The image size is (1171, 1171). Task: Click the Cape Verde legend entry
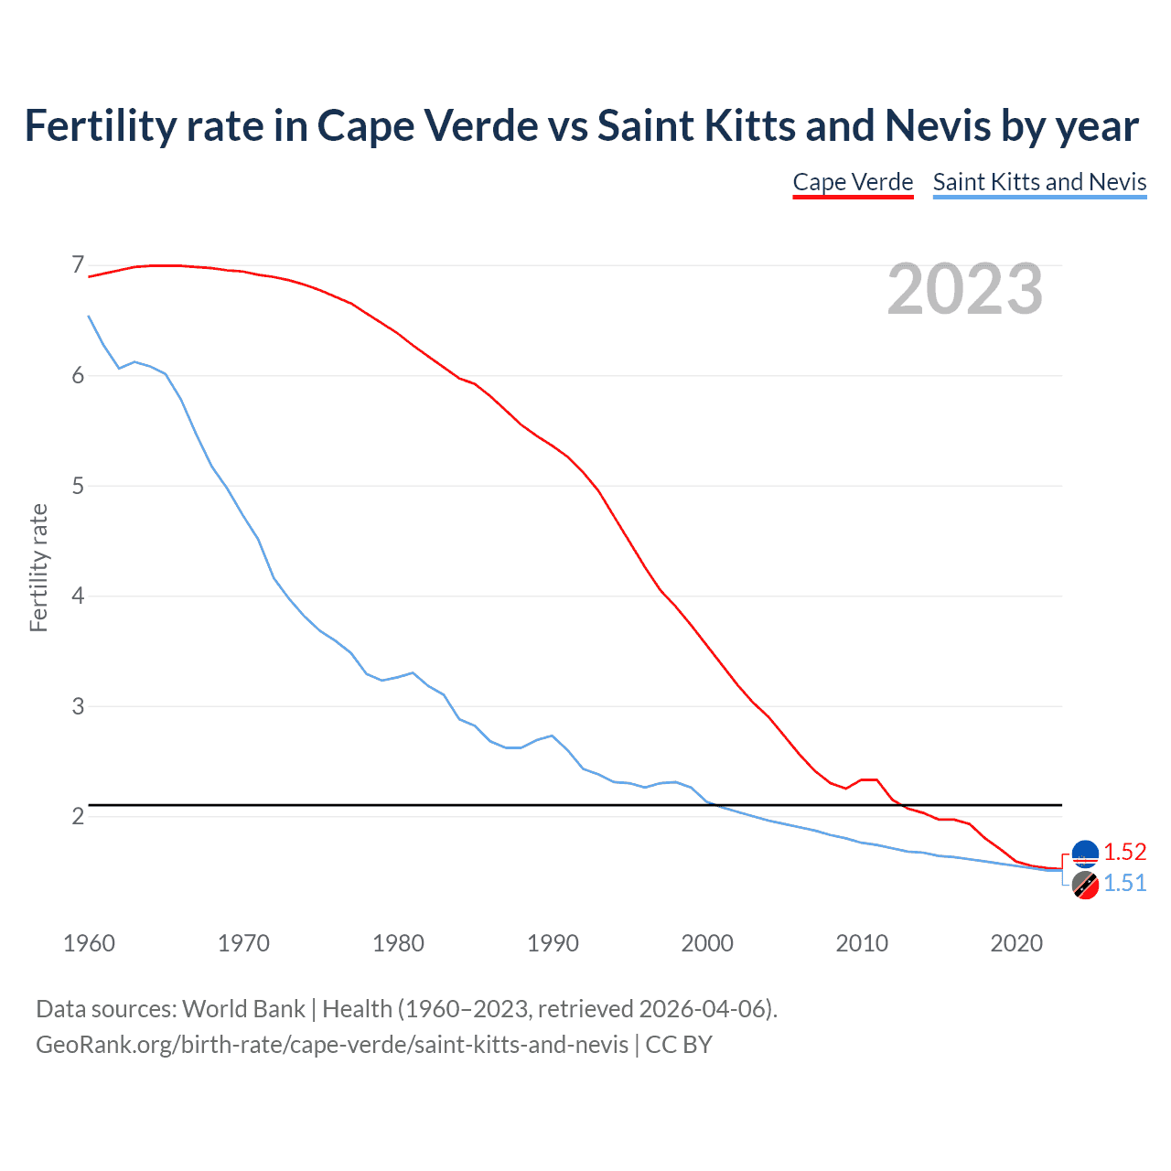click(853, 182)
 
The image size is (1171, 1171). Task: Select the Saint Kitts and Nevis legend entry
click(1039, 182)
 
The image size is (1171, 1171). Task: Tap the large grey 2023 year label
click(965, 290)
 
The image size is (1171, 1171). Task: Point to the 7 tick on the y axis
click(78, 265)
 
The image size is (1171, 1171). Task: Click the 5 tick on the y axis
click(78, 486)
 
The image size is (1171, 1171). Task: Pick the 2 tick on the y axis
click(78, 816)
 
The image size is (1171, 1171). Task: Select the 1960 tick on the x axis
click(89, 943)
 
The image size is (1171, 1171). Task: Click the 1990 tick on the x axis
click(553, 943)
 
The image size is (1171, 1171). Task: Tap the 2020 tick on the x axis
click(1016, 943)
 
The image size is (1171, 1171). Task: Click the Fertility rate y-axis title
click(38, 567)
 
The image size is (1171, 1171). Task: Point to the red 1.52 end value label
click(1124, 852)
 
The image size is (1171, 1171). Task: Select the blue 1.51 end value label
click(1124, 883)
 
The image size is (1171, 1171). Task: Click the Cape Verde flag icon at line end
click(1085, 853)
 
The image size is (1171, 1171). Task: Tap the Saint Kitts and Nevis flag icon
click(1085, 885)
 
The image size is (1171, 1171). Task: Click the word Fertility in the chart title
click(99, 126)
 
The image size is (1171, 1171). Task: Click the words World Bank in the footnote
click(243, 1009)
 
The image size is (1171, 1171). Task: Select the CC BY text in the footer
click(679, 1045)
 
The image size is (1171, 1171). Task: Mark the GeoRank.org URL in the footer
click(331, 1045)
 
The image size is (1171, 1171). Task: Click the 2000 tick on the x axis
click(707, 943)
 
